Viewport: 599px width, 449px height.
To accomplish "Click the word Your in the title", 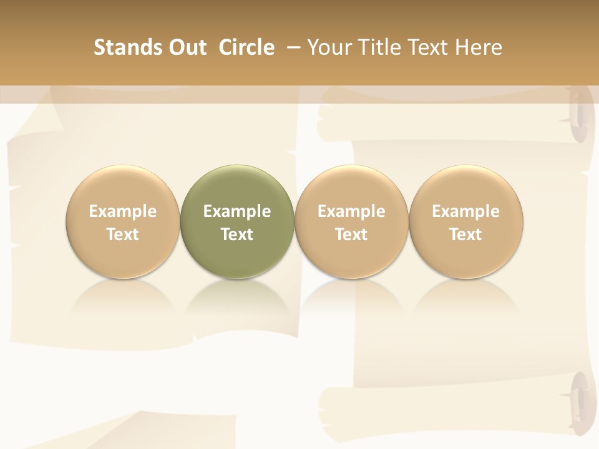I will click(329, 47).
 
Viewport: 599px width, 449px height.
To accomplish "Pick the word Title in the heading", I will click(376, 47).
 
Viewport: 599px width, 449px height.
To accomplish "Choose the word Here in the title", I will click(479, 47).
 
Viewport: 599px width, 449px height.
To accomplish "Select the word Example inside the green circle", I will click(237, 211).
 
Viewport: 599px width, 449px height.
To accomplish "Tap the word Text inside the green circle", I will click(237, 234).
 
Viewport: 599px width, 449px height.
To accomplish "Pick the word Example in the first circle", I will click(123, 211).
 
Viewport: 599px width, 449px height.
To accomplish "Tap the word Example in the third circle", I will click(351, 211).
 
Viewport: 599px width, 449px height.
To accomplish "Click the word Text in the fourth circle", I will click(465, 234).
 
